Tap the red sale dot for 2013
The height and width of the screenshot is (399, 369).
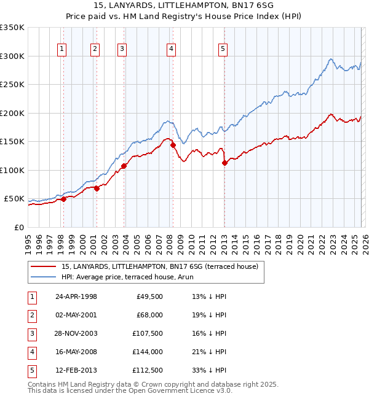224,163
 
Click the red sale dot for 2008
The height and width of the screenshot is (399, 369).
173,145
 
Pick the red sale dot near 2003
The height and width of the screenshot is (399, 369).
124,166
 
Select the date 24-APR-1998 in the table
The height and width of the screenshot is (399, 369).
76,296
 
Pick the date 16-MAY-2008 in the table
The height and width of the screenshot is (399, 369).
76,352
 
